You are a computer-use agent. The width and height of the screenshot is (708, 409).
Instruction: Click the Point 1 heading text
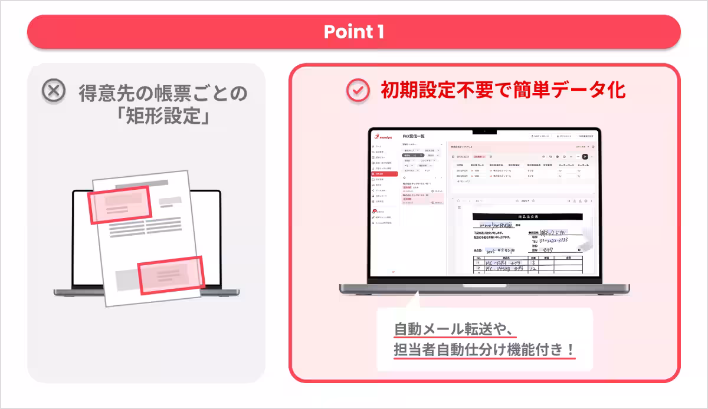pos(353,32)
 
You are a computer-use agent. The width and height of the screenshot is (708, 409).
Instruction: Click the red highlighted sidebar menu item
pos(384,174)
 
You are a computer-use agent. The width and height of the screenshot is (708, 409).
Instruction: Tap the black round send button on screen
pos(585,156)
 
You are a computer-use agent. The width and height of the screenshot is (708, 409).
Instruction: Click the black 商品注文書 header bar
pos(525,217)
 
